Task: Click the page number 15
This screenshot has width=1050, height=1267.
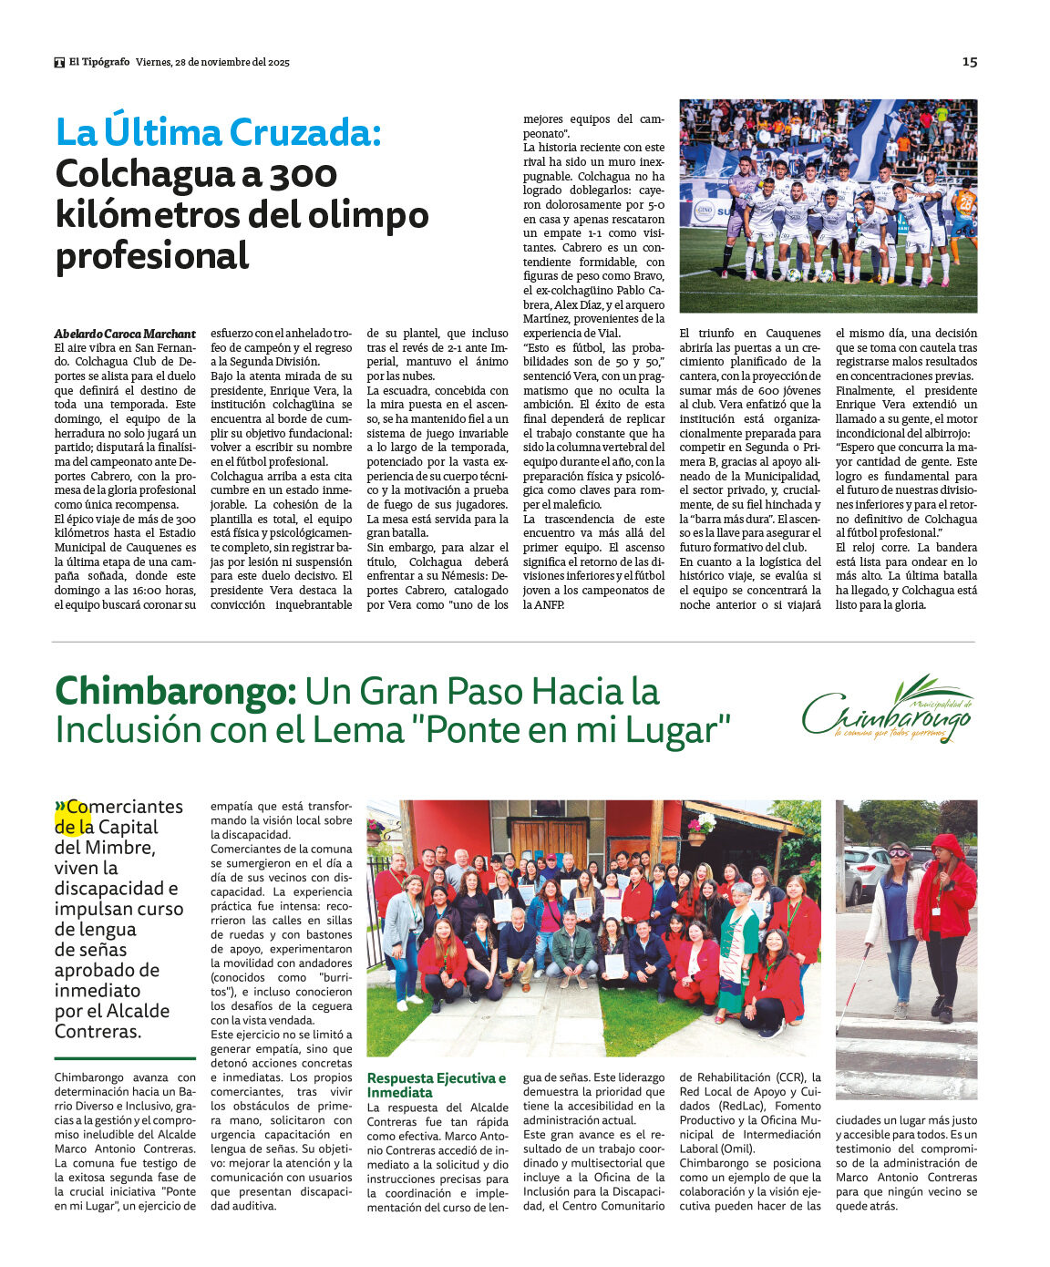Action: tap(969, 61)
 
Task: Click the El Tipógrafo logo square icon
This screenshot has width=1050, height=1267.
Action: tap(59, 62)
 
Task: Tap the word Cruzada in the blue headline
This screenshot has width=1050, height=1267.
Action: tap(303, 133)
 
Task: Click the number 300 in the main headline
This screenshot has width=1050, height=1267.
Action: tap(304, 174)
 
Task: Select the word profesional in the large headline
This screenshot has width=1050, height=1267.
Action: tap(152, 255)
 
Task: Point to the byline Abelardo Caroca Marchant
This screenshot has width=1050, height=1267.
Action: tap(125, 334)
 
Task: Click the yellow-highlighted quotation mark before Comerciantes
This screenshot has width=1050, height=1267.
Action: tap(60, 807)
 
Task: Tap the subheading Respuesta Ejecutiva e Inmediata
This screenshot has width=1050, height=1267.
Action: tap(436, 1085)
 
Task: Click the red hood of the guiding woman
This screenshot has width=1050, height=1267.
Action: tap(948, 846)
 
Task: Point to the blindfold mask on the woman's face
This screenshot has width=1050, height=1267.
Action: tap(899, 853)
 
